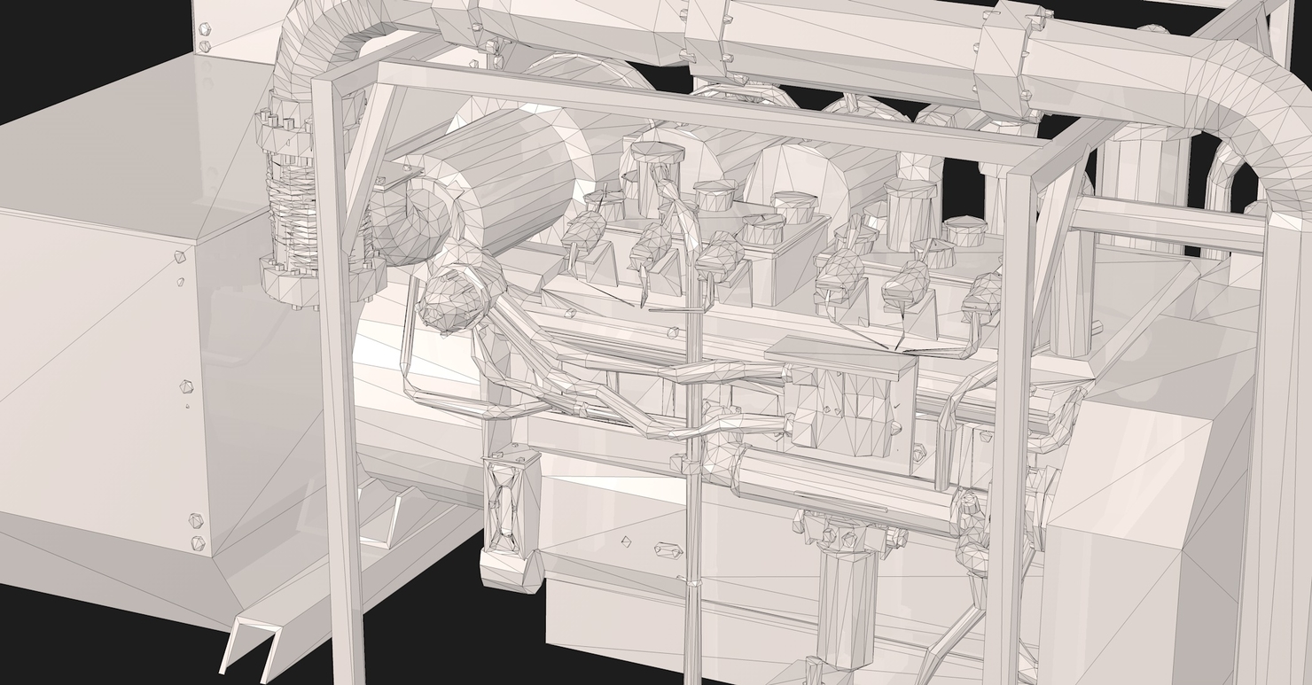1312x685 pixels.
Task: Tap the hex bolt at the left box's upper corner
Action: point(180,257)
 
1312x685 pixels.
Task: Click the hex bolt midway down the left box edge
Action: point(186,387)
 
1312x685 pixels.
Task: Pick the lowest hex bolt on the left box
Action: point(197,542)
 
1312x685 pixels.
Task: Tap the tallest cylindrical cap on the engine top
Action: point(657,164)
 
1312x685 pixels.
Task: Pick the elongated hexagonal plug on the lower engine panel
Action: point(668,550)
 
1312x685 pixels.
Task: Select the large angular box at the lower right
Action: point(1135,532)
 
